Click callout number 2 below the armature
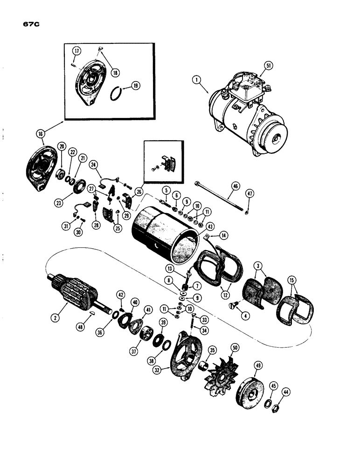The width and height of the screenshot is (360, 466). click(x=56, y=319)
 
